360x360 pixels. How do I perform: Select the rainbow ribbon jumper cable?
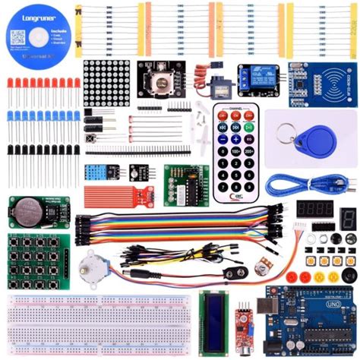pos(175,220)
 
